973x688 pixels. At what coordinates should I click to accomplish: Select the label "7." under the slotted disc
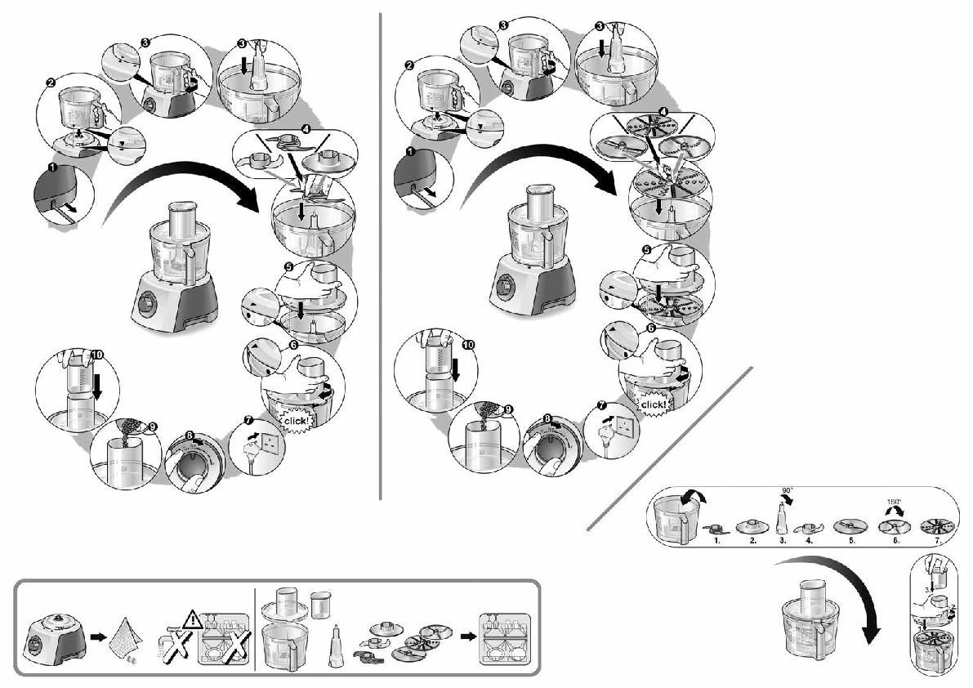(x=938, y=541)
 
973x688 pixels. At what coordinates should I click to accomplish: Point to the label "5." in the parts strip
(x=850, y=541)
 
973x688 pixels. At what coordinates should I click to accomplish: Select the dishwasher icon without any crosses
(x=503, y=631)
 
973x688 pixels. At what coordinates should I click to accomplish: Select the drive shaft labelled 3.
(x=782, y=517)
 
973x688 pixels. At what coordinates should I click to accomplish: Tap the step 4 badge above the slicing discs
(x=663, y=111)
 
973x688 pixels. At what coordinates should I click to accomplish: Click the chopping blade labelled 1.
(x=716, y=528)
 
